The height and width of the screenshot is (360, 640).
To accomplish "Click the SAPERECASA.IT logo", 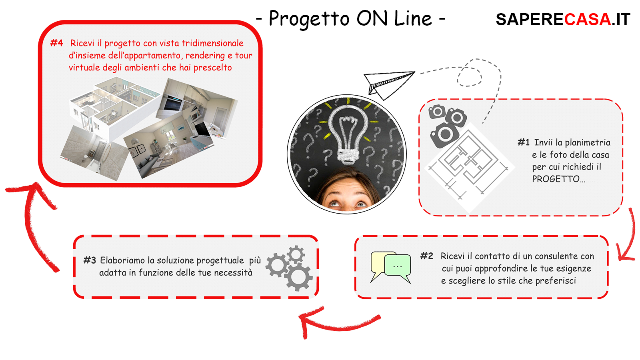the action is (563, 20).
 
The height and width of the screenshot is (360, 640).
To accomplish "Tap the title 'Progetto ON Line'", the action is (350, 19).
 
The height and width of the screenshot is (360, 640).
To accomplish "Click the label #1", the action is (524, 142).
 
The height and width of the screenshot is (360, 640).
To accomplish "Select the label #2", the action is (426, 256).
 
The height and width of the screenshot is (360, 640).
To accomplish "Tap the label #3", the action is (90, 260).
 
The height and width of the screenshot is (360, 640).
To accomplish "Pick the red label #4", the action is (56, 43).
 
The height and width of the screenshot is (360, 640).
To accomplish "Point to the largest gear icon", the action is (298, 276).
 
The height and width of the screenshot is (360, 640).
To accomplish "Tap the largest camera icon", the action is (444, 135).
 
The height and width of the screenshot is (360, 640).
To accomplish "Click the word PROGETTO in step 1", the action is (555, 179).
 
